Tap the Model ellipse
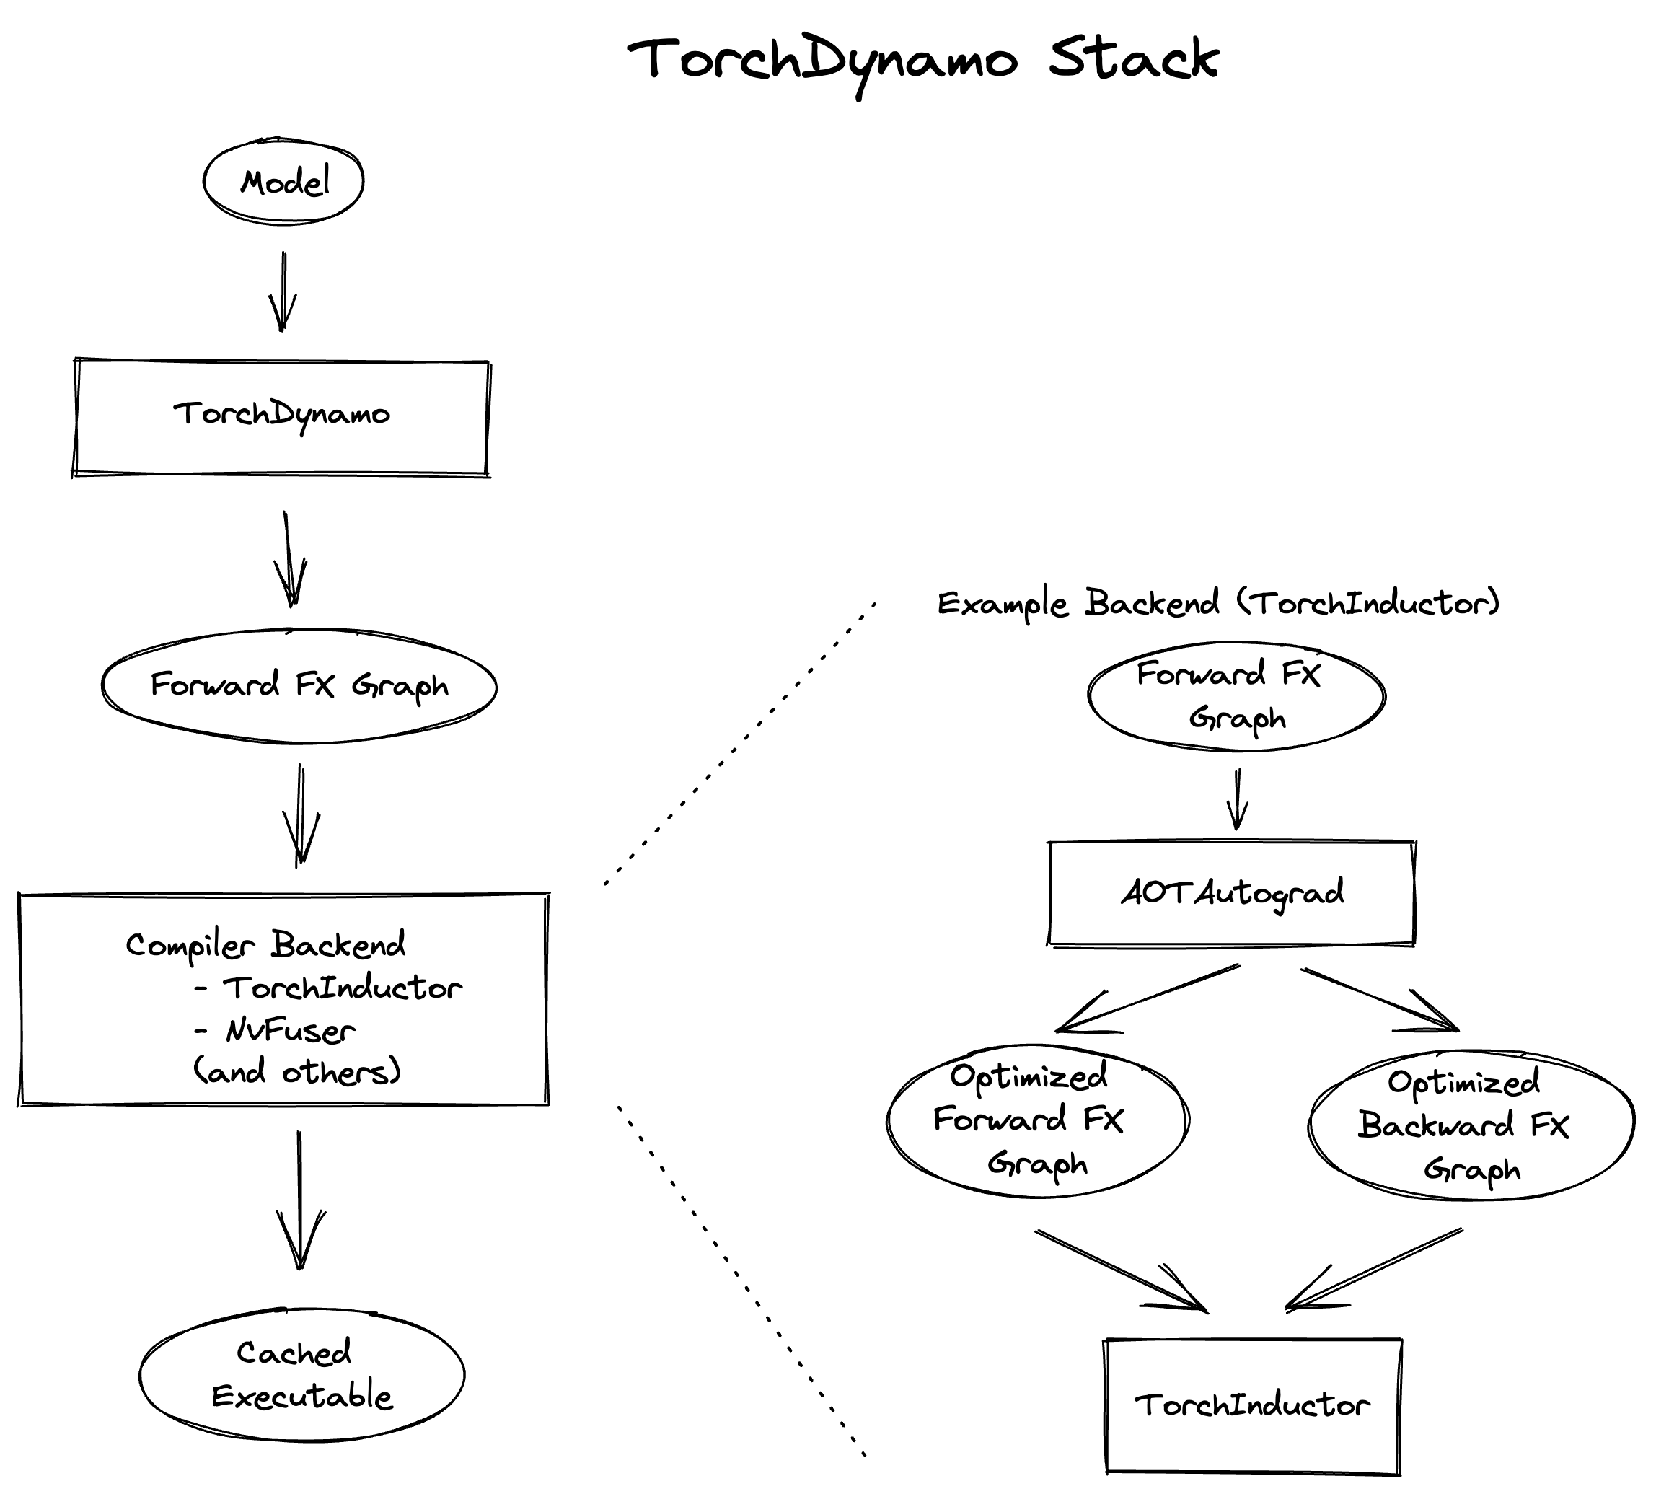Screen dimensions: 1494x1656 pos(283,181)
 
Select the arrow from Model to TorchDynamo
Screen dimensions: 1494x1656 pos(283,291)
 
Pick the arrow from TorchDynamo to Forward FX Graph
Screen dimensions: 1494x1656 pos(289,558)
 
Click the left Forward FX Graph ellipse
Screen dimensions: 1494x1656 pos(299,685)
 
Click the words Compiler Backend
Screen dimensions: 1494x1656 pos(265,945)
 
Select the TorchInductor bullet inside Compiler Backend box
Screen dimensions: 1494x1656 pos(341,988)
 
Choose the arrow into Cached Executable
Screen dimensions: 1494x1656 pos(299,1198)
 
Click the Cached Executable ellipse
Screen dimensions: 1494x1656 pos(301,1374)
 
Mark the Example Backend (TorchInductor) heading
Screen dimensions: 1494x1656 pos(1217,603)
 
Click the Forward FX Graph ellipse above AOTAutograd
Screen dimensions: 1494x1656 pos(1236,696)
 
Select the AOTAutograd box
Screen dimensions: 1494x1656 pos(1232,893)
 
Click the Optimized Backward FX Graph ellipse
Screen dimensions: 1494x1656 pos(1471,1125)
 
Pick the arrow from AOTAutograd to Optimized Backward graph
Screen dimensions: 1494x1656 pos(1378,999)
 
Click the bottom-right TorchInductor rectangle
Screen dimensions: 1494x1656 pos(1252,1405)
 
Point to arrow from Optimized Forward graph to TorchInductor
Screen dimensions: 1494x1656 pos(1120,1269)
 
